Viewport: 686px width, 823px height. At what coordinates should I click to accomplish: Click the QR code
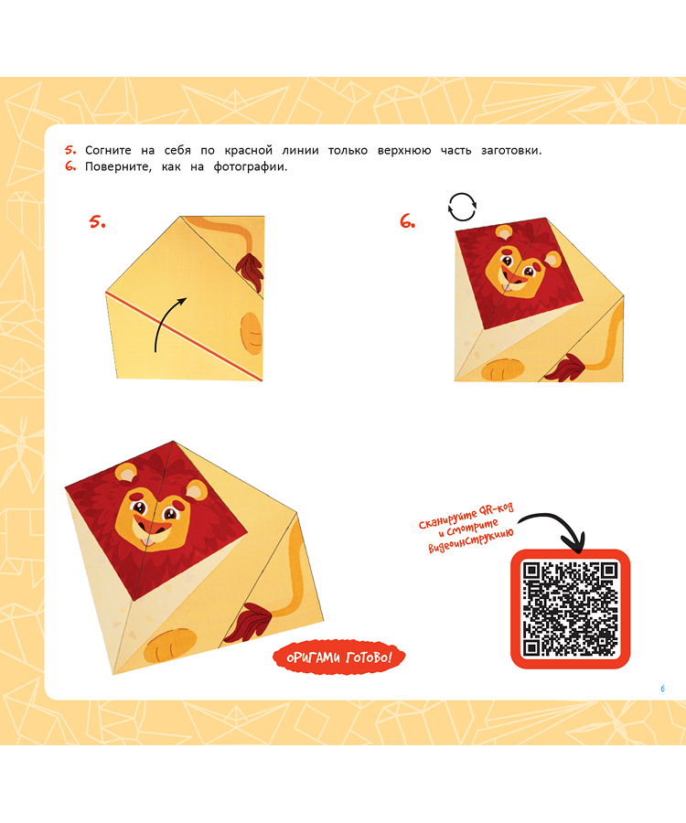coord(570,608)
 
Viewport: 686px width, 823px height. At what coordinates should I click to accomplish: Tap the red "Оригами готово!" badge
coord(339,657)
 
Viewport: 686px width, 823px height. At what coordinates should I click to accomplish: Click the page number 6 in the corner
coord(662,688)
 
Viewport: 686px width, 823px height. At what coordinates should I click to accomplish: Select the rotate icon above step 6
coord(462,207)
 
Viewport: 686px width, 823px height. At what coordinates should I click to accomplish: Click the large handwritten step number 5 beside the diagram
coord(97,222)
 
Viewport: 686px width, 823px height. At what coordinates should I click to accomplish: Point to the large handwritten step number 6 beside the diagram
coord(407,221)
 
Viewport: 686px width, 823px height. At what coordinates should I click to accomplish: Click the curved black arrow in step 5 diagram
coord(166,323)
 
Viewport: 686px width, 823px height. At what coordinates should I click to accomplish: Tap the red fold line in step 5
coord(184,336)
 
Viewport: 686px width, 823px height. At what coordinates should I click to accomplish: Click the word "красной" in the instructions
coord(248,151)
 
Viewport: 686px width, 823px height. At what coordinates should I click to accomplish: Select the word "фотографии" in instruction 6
coord(250,167)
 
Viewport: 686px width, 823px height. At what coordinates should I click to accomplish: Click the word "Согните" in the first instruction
coord(108,151)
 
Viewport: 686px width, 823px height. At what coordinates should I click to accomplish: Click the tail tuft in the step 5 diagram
coord(250,272)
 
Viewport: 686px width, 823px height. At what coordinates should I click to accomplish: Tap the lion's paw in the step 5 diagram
coord(251,334)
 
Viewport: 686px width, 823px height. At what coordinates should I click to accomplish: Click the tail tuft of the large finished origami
coord(247,623)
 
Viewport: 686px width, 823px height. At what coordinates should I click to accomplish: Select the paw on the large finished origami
coord(170,646)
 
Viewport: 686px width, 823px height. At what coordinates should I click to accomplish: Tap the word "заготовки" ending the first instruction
coord(511,151)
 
